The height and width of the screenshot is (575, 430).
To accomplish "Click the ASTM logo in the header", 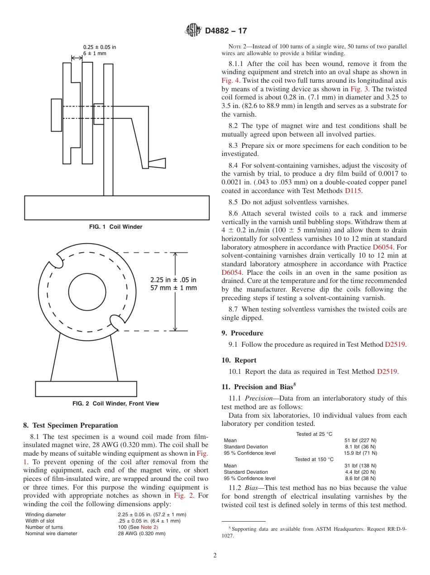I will pos(193,31).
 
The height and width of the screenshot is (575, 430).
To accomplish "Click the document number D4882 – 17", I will pos(226,31).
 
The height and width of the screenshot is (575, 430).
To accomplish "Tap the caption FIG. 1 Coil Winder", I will pos(116,227).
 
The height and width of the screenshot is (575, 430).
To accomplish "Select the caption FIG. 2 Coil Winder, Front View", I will pos(116,404).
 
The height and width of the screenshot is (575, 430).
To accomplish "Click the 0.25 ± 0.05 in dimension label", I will pos(100,47).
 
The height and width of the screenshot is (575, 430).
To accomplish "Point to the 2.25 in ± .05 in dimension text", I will pos(173,280).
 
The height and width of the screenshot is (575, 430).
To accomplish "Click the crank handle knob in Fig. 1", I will pos(157,163).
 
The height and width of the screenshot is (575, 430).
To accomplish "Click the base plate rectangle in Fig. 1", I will pos(117,207).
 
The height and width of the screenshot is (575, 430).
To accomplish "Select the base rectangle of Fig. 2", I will pos(86,389).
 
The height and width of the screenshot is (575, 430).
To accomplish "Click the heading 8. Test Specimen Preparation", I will pos(71,425).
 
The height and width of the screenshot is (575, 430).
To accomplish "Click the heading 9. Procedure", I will pos(242,333).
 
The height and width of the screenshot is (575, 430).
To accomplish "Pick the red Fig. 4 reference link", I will pos(229,80).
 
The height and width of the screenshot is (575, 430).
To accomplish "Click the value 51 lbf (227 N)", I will pos(360,440).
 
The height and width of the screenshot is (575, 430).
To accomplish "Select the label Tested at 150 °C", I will pos(314,459).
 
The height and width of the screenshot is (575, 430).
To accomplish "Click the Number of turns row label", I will pos(44,527).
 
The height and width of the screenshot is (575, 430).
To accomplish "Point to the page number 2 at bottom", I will pos(215,556).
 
